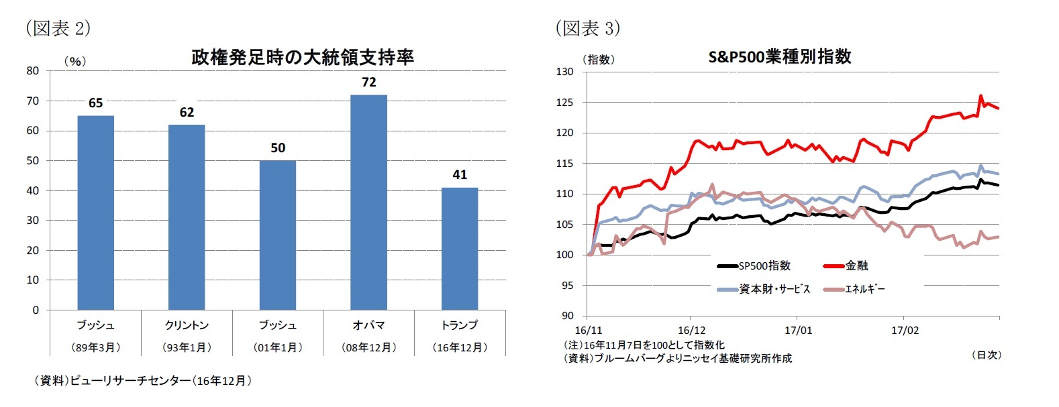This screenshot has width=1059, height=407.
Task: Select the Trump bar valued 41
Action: click(460, 249)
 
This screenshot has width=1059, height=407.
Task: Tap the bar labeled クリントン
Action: click(187, 217)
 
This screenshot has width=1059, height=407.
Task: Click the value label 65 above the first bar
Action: click(96, 103)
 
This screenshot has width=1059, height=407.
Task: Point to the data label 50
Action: click(278, 148)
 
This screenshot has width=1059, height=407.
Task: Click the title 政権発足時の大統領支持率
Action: click(303, 58)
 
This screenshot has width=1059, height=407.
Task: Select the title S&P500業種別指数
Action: click(780, 57)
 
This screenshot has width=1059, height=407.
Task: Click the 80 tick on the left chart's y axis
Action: click(33, 70)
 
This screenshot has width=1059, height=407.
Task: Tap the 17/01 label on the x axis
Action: click(798, 331)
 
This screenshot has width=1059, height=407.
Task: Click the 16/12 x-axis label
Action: click(691, 331)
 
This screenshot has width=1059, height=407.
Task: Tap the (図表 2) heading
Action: click(58, 28)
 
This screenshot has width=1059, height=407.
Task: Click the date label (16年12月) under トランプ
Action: click(460, 347)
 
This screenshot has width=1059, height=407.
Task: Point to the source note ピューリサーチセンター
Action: click(143, 381)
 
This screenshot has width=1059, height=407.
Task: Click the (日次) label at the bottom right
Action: click(986, 355)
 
